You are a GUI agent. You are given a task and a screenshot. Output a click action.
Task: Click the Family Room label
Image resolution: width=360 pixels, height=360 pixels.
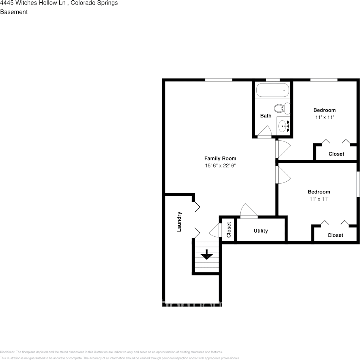coord(220,159)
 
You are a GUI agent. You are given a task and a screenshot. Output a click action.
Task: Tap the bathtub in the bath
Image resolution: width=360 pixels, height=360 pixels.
coord(272,91)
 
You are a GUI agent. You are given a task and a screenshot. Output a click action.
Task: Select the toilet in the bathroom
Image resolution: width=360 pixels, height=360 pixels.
coord(282,108)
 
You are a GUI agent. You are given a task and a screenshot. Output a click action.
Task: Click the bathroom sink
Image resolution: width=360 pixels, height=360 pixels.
coord(283,126)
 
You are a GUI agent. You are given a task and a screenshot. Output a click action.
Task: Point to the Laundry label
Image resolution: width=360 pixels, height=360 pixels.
coord(179,222)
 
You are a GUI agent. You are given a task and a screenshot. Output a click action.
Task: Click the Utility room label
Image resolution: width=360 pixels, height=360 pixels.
coord(261,231)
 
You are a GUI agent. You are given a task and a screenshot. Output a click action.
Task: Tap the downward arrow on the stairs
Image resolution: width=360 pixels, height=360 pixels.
coord(207,255)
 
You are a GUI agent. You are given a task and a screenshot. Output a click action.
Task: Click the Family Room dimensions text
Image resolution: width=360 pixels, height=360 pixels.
coord(220,166)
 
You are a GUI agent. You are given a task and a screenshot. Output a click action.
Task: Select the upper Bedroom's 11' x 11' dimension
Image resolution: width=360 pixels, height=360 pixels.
coord(324,117)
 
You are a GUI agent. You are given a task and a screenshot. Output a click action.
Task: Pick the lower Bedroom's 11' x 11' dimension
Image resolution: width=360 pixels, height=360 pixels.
coord(319,199)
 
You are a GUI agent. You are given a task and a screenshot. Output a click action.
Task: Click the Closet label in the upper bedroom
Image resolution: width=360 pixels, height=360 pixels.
coord(336,154)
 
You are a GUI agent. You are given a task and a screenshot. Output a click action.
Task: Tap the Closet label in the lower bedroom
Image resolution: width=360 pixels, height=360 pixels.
coord(335,235)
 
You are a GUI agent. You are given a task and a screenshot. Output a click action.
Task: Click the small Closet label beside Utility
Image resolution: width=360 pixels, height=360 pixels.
coord(229,230)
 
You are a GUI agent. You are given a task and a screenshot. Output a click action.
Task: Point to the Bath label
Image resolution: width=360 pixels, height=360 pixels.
coord(266,116)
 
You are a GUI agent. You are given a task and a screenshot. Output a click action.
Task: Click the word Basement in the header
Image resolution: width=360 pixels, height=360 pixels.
coord(14,12)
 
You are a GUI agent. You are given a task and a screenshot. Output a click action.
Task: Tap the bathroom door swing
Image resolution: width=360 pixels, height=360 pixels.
coord(264,131)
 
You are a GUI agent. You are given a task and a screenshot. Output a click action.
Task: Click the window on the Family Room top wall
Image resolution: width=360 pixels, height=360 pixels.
coord(218,80)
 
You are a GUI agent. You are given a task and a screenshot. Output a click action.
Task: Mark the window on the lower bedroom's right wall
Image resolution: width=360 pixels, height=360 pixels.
coord(358,184)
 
